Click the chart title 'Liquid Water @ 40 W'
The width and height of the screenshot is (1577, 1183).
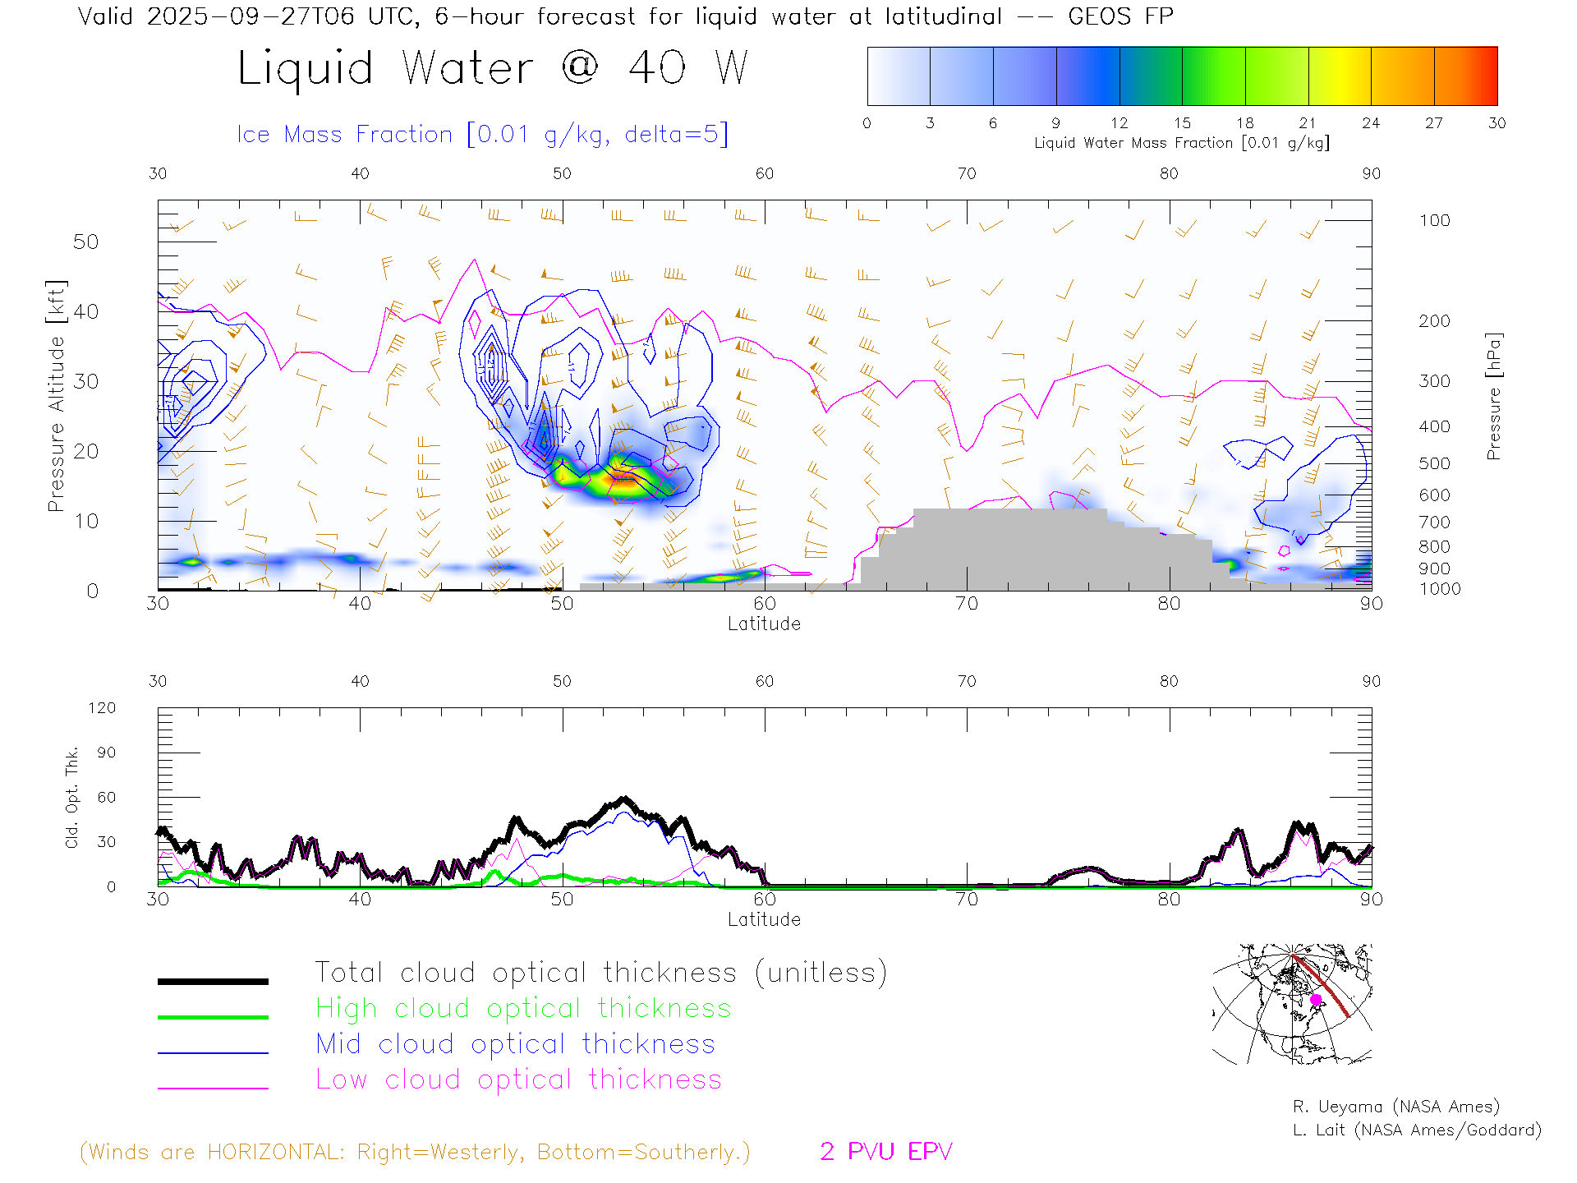pyautogui.click(x=493, y=67)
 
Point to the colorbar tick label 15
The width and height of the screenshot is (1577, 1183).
pyautogui.click(x=1182, y=123)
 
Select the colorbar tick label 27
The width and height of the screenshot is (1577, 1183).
pyautogui.click(x=1434, y=123)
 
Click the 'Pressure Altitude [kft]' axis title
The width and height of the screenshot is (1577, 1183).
pyautogui.click(x=56, y=396)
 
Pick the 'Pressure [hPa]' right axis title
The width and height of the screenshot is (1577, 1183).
pyautogui.click(x=1494, y=396)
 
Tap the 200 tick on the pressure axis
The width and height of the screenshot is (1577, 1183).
pyautogui.click(x=1434, y=321)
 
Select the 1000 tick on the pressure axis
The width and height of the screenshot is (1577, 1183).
pyautogui.click(x=1440, y=589)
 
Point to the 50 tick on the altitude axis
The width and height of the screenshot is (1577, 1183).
pyautogui.click(x=85, y=242)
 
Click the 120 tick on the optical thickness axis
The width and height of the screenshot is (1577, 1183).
pyautogui.click(x=102, y=708)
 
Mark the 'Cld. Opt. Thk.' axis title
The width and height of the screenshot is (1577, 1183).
pyautogui.click(x=72, y=797)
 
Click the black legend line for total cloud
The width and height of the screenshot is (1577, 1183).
pyautogui.click(x=213, y=981)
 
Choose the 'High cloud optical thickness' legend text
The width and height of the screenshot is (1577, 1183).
pyautogui.click(x=523, y=1008)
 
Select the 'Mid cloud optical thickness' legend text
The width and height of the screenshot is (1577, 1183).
pyautogui.click(x=516, y=1044)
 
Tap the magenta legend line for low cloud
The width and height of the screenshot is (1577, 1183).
pyautogui.click(x=213, y=1088)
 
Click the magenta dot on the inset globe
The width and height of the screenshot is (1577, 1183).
pyautogui.click(x=1316, y=1000)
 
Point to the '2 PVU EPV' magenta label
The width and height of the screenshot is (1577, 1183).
pyautogui.click(x=885, y=1152)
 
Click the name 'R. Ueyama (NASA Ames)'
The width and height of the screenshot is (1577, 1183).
pyautogui.click(x=1395, y=1107)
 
